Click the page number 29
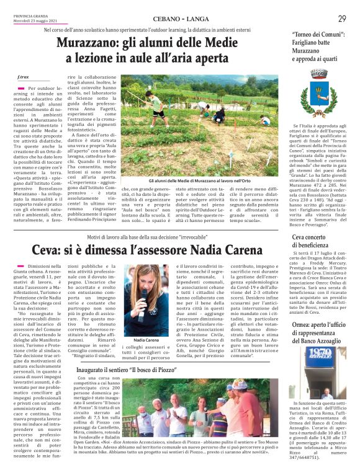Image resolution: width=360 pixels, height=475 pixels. pyautogui.click(x=342, y=19)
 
